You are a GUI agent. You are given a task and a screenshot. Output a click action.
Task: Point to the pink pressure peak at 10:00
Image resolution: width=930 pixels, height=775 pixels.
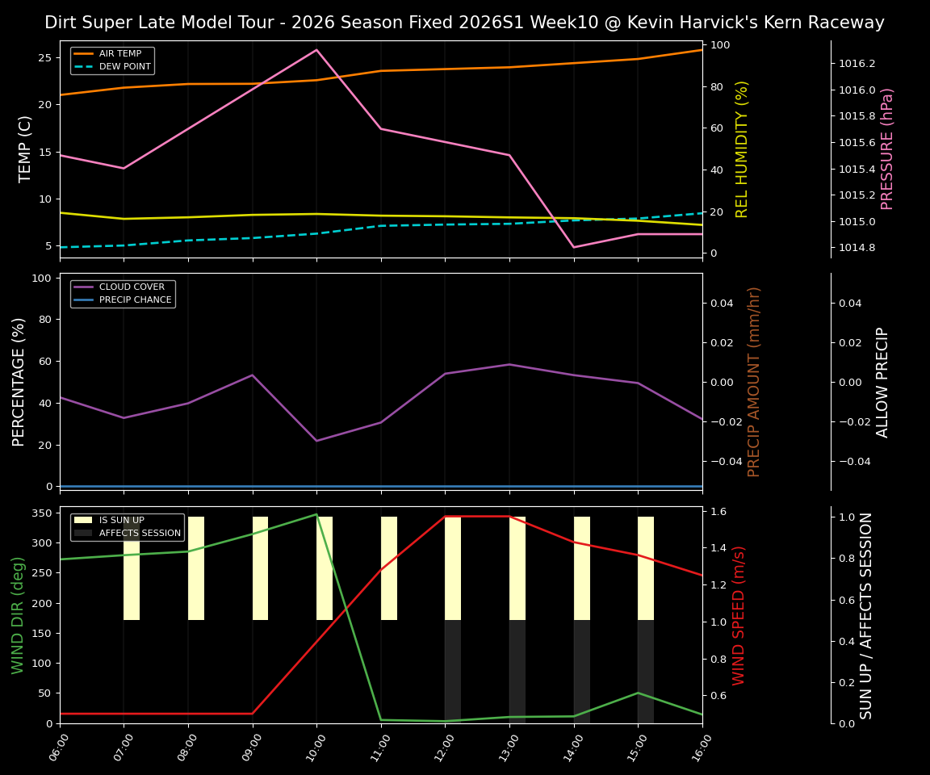pos(316,50)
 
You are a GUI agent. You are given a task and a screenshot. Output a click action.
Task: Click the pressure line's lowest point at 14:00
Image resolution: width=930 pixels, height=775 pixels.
pos(574,247)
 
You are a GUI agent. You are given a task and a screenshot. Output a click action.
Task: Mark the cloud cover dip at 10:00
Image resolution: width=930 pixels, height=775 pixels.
pos(316,441)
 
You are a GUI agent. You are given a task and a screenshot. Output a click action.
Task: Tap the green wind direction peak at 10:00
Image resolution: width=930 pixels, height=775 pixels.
pos(316,514)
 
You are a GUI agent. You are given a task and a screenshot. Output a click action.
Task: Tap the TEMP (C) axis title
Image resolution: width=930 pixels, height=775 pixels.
pos(25,149)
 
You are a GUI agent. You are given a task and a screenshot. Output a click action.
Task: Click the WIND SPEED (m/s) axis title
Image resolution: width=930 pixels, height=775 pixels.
pos(739,615)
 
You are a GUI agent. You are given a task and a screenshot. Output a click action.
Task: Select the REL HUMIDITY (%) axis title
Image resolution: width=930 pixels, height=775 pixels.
pos(742,149)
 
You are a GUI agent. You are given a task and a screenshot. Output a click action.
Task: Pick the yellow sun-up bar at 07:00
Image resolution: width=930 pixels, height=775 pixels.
pos(132,568)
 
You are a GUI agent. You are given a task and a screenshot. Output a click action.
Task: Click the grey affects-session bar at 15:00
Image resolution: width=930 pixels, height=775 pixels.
pos(646,672)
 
